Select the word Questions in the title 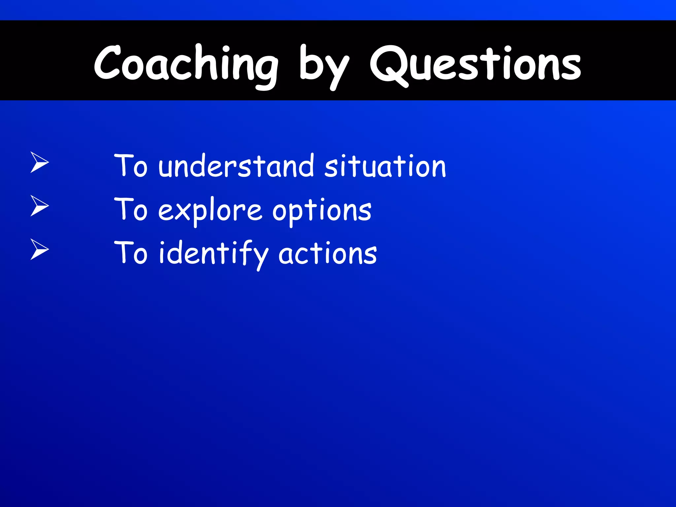pyautogui.click(x=475, y=64)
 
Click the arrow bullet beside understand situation pyautogui.click(x=39, y=162)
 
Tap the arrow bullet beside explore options pyautogui.click(x=39, y=206)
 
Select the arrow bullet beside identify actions pyautogui.click(x=39, y=249)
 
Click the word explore pyautogui.click(x=210, y=210)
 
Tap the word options pyautogui.click(x=322, y=211)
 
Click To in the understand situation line pyautogui.click(x=131, y=166)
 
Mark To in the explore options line pyautogui.click(x=131, y=209)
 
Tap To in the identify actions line pyautogui.click(x=131, y=253)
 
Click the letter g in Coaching pyautogui.click(x=266, y=71)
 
